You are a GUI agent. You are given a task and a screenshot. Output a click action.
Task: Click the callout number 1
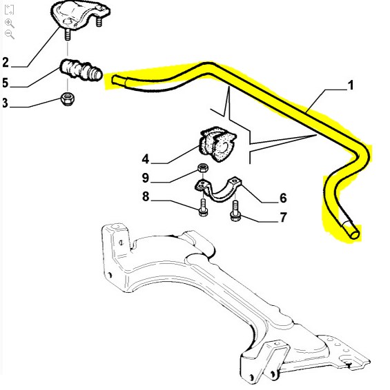point(351,85)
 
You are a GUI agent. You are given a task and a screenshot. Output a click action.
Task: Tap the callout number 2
point(6,62)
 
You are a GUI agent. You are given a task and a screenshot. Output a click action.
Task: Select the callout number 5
point(6,83)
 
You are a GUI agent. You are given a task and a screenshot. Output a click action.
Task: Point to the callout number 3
point(6,103)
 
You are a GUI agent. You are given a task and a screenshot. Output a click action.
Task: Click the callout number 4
point(146,159)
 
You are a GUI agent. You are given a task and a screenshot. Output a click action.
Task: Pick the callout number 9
point(146,178)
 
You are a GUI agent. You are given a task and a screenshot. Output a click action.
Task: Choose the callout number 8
point(146,196)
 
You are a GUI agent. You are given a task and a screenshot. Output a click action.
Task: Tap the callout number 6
point(283,198)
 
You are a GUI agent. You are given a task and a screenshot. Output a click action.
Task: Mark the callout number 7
point(283,217)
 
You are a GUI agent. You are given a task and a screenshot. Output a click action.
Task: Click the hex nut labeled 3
point(67,99)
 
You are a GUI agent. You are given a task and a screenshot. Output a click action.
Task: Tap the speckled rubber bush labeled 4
point(217,144)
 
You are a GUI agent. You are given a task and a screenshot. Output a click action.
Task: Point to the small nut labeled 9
point(203,168)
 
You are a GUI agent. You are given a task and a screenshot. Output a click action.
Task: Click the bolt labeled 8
point(203,207)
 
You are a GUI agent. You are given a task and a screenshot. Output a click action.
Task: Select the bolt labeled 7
point(235,210)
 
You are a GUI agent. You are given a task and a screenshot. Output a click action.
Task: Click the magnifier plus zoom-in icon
point(10,23)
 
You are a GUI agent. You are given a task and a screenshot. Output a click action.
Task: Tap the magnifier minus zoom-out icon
point(10,34)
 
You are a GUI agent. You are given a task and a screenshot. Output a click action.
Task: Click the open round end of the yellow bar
point(355,234)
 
